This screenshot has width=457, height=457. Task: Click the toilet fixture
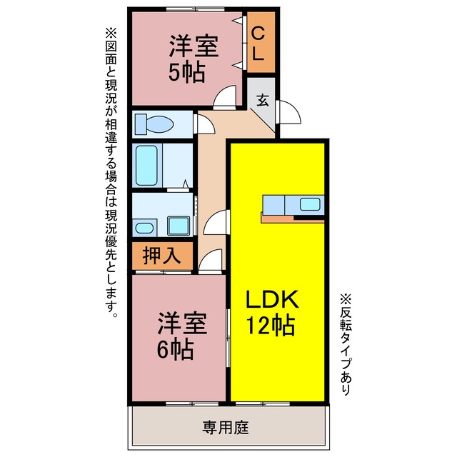tap(154, 124)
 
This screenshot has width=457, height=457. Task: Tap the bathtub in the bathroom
tap(146, 165)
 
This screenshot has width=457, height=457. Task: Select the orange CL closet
tap(261, 42)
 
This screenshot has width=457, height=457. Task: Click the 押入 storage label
tap(162, 256)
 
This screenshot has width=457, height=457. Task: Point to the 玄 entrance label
tap(262, 100)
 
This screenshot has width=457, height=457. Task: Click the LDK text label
tap(273, 299)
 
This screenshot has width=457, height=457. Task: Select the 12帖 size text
tap(271, 326)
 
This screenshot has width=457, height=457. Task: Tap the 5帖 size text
tap(187, 72)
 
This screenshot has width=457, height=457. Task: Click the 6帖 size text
tap(175, 349)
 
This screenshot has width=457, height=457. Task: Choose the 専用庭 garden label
tap(226, 428)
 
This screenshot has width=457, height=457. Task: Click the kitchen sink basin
tap(310, 204)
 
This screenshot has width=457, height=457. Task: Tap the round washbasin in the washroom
tap(144, 228)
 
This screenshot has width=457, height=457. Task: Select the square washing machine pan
tap(179, 226)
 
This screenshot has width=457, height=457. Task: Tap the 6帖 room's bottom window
tap(192, 404)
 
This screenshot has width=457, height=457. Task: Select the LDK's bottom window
tap(263, 404)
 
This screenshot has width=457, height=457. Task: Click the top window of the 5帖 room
tap(195, 9)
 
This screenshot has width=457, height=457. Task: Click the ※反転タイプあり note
tap(346, 344)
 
